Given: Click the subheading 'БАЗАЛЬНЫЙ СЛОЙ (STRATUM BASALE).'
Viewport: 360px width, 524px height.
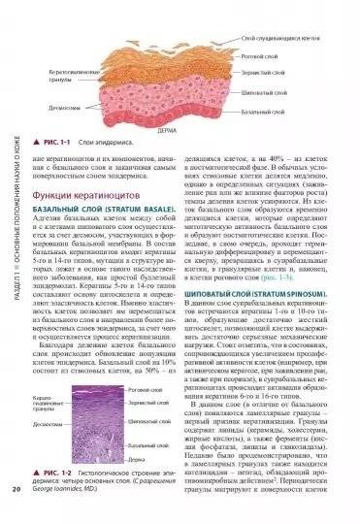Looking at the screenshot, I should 101,212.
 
